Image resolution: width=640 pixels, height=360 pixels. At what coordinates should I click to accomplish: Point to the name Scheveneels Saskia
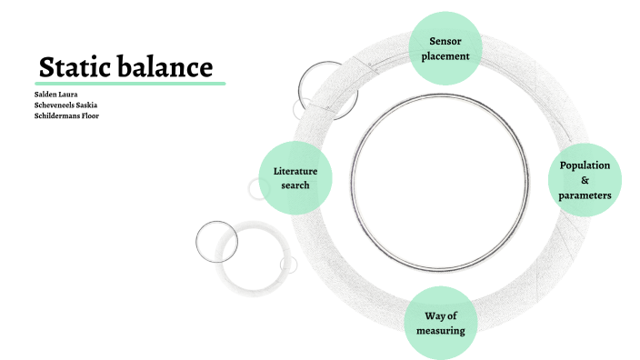[x=65, y=105]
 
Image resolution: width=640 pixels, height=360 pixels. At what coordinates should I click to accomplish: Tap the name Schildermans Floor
[x=65, y=115]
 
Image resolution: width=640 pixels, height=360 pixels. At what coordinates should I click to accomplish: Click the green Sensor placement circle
[x=444, y=47]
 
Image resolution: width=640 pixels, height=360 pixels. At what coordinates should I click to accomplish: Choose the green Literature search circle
[x=295, y=177]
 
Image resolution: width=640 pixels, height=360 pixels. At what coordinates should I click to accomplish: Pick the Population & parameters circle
[x=585, y=180]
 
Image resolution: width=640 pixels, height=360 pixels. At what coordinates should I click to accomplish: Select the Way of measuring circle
[x=440, y=323]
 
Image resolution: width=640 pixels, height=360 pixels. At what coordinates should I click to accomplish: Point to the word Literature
[x=295, y=170]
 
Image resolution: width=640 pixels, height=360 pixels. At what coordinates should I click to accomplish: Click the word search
[x=295, y=185]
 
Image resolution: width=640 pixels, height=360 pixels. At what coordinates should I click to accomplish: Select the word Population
[x=585, y=165]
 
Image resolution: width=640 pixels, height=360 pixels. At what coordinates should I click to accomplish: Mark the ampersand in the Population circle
[x=585, y=180]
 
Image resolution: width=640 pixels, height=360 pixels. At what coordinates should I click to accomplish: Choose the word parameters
[x=585, y=195]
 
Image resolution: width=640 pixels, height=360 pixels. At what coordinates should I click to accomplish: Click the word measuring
[x=440, y=331]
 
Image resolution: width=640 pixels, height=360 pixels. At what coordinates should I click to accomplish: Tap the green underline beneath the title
[x=131, y=84]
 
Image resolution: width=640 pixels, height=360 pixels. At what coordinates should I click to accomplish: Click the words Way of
[x=440, y=315]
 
